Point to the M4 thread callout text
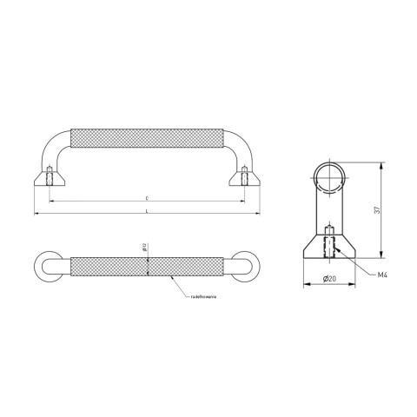383,275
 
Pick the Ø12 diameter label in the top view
144,251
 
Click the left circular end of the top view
49,265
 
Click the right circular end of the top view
244,265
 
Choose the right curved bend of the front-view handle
239,143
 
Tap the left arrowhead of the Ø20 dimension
304,285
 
